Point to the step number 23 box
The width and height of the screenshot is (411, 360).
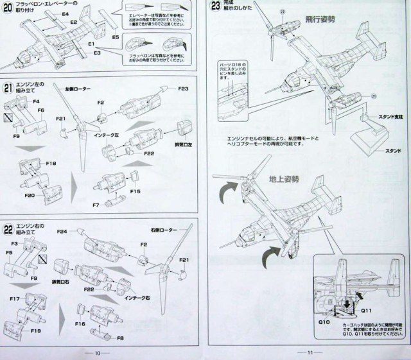(x=216, y=7)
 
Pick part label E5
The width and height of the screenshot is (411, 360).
(x=116, y=38)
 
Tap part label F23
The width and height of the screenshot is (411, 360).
(x=184, y=89)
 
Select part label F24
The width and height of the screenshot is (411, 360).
(x=62, y=232)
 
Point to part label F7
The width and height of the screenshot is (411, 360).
(x=95, y=205)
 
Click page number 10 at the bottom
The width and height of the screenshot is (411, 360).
(x=98, y=352)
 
